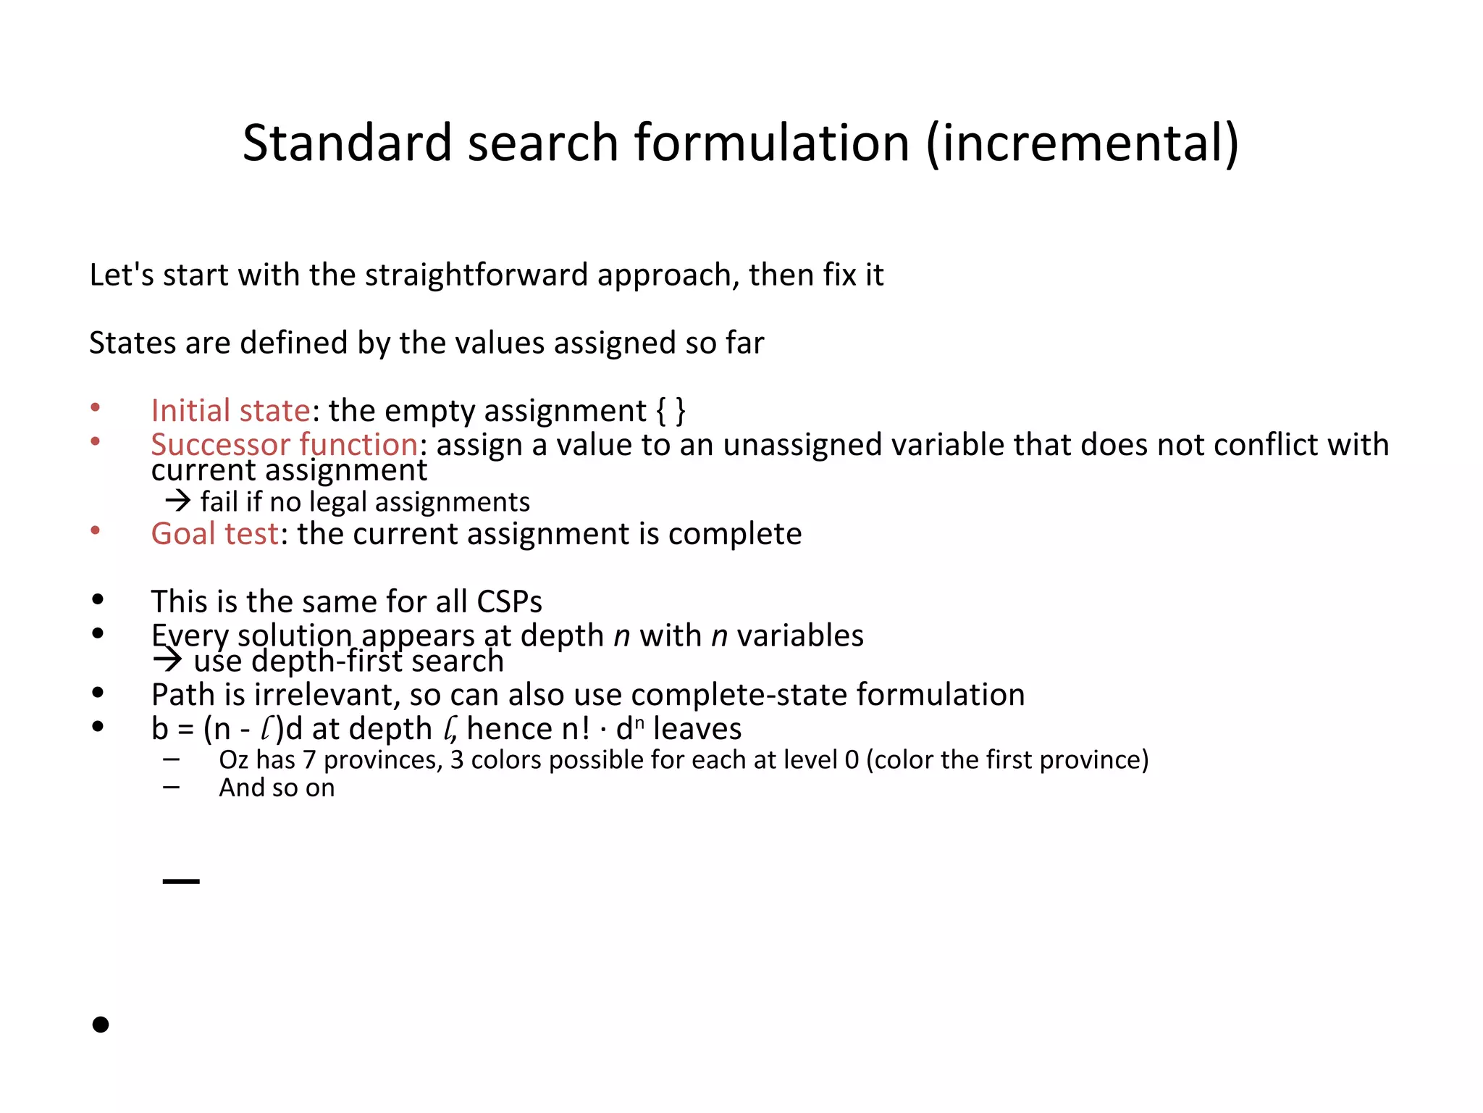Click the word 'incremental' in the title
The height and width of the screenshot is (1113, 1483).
(x=1082, y=143)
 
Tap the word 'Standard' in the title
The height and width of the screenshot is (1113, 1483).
(x=347, y=143)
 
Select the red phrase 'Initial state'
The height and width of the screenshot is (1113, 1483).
(x=230, y=411)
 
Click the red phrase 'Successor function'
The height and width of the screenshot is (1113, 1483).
(x=284, y=444)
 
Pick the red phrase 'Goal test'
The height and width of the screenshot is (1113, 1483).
(x=214, y=534)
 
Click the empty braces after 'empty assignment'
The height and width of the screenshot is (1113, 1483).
(x=671, y=411)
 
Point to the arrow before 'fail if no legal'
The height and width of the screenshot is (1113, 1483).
(x=177, y=501)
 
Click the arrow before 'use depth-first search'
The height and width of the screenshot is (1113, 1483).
(x=167, y=660)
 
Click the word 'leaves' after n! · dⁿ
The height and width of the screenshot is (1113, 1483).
(x=697, y=729)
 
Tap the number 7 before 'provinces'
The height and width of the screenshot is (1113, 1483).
(x=309, y=759)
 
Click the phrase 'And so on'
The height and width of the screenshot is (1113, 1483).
(x=277, y=788)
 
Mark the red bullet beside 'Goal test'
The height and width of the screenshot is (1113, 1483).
(x=95, y=531)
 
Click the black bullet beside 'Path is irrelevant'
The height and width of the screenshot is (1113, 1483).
(x=98, y=693)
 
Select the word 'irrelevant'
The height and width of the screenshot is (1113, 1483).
(x=324, y=695)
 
